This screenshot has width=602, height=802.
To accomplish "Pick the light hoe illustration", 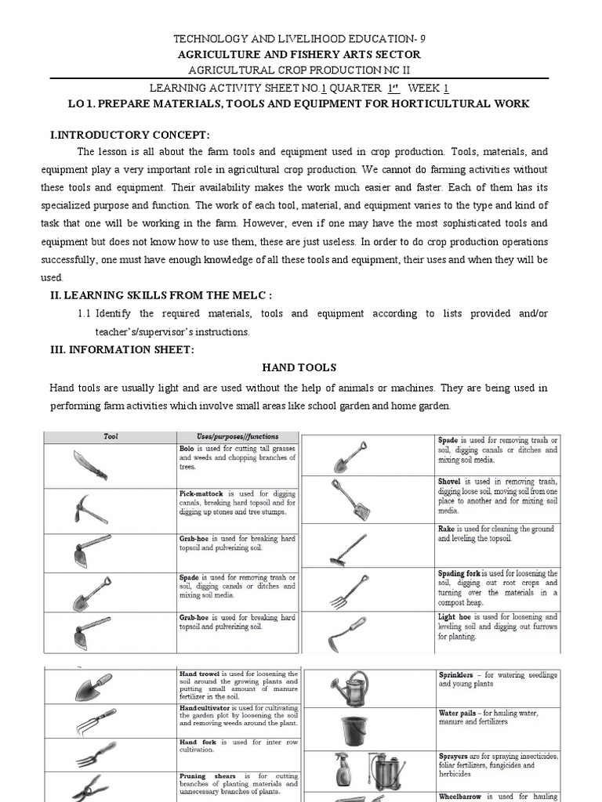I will (347, 633).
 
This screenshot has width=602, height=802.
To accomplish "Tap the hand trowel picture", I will (93, 686).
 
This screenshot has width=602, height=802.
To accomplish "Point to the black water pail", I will (353, 730).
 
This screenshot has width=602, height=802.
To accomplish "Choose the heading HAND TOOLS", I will (299, 367).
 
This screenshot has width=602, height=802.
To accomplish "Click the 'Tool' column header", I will (111, 436).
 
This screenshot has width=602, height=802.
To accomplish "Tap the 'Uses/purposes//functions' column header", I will (238, 436).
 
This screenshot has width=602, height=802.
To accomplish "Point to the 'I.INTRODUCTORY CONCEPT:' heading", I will (130, 135).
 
